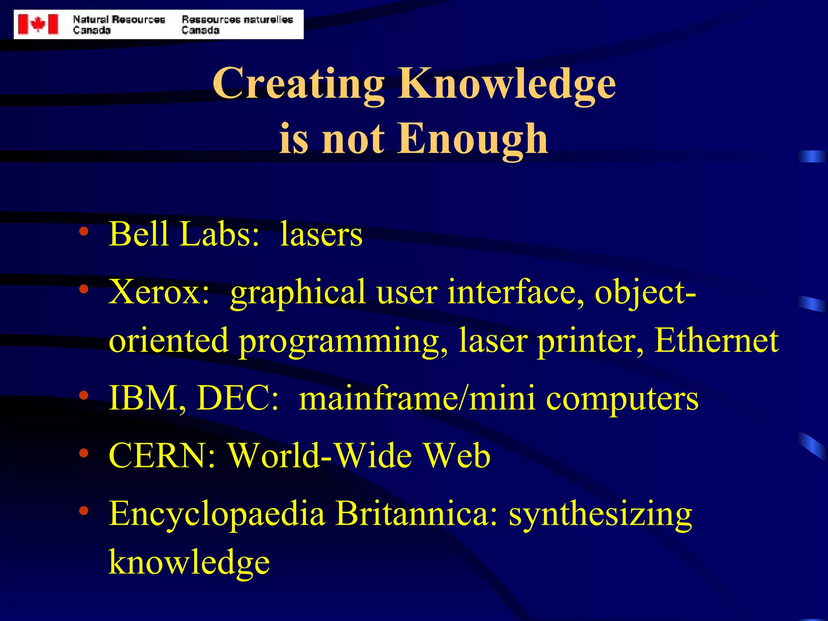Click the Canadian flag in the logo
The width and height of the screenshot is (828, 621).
[38, 24]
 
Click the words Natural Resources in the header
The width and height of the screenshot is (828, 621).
[119, 19]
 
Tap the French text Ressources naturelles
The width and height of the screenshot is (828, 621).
[237, 19]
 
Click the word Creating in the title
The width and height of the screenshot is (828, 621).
[298, 84]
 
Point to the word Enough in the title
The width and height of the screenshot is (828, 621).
[473, 139]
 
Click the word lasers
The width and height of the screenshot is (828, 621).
[321, 234]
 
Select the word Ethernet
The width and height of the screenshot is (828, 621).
[716, 340]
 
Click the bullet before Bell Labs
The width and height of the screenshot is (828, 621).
[84, 232]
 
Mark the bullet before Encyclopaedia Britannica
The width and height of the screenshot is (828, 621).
[84, 511]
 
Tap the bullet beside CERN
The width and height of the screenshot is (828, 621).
[84, 453]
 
